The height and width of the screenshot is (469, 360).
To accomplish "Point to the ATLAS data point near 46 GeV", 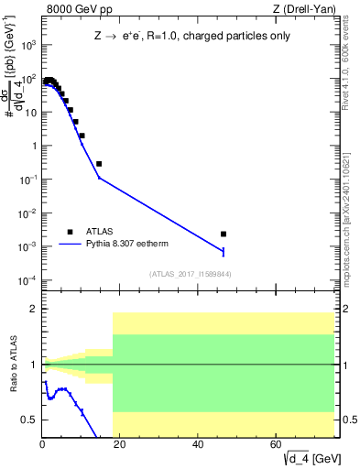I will point(224,234).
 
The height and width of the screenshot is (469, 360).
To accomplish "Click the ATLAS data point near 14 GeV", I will point(99,164).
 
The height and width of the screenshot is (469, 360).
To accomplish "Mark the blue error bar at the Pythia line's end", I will point(224,251).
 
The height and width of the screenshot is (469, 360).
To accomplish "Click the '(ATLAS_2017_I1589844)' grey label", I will point(190,274).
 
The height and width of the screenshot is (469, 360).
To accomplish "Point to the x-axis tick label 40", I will point(199,443).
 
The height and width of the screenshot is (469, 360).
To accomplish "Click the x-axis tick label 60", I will point(277,443).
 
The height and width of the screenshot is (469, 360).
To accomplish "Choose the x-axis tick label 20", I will point(121,443).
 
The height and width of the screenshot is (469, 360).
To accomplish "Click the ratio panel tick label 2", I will point(33,310).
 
